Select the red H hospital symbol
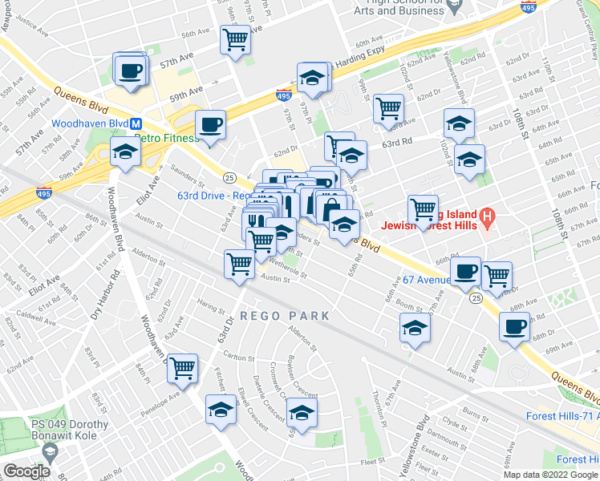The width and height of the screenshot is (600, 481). (485, 216)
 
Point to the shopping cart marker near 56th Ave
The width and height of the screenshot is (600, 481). (235, 38)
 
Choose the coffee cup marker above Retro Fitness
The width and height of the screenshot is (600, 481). (210, 125)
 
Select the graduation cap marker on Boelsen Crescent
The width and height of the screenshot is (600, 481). (302, 413)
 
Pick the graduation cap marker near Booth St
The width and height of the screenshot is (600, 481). (415, 328)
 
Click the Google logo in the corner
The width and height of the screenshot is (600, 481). (26, 471)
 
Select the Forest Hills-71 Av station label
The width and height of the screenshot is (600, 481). (562, 416)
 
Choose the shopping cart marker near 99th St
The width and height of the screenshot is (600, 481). (388, 107)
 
